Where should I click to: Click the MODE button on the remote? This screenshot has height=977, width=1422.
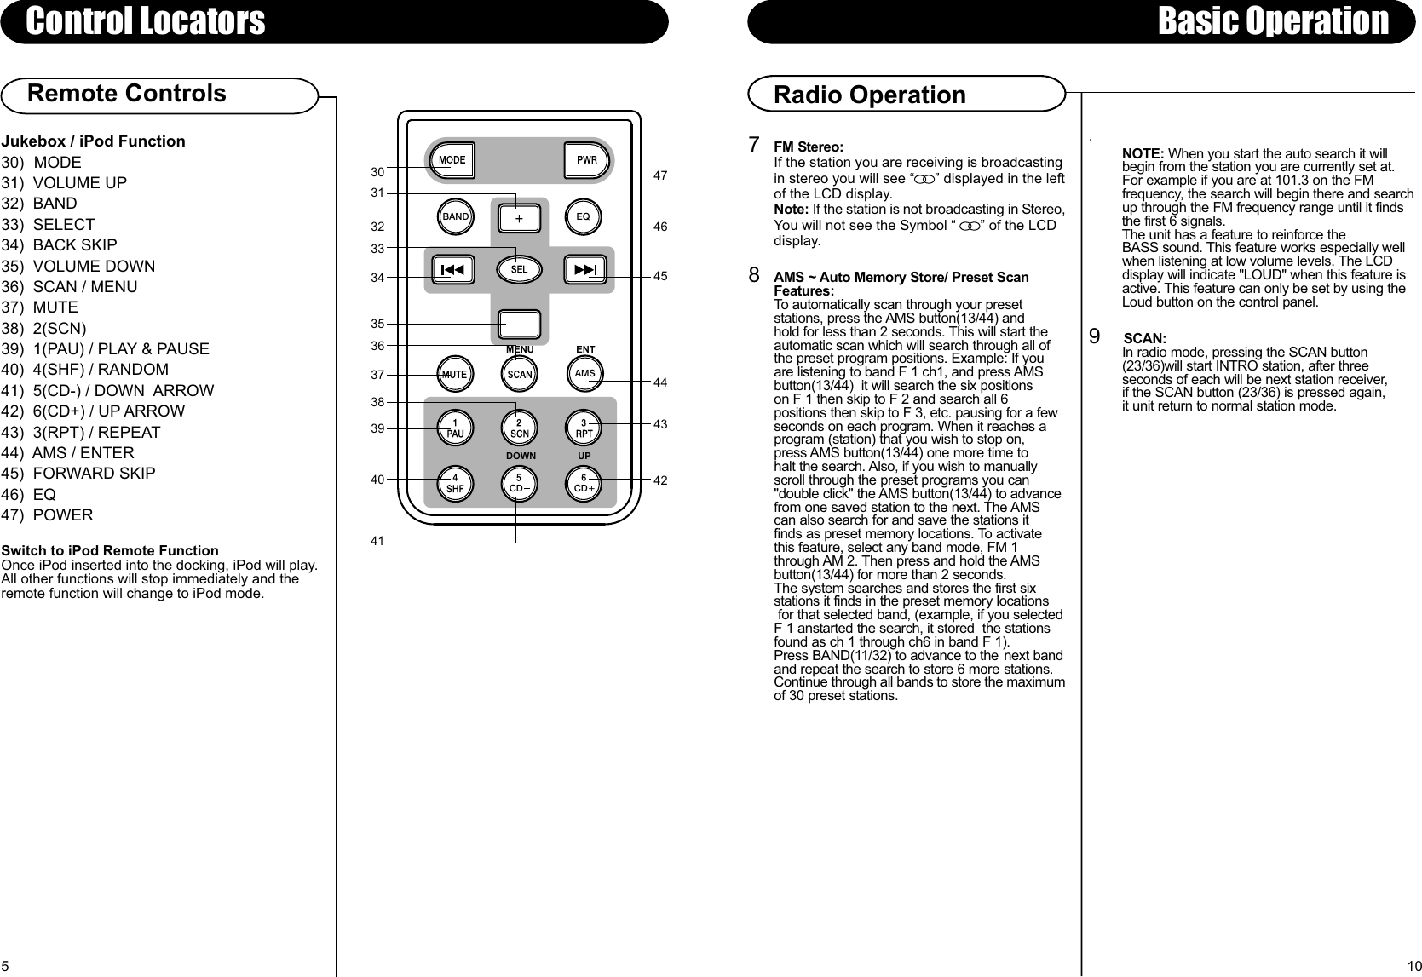click(452, 160)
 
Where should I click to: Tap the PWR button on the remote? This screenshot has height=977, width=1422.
click(587, 160)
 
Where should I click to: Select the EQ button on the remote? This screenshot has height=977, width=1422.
click(583, 217)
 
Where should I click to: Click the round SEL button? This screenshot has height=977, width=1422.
click(519, 269)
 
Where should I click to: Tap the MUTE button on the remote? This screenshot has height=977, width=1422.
click(456, 374)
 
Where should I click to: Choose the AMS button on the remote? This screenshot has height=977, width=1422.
click(584, 374)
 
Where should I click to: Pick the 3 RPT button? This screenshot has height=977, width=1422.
click(584, 428)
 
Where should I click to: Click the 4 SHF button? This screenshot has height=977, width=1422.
click(456, 485)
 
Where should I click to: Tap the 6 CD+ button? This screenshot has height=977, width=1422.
click(584, 485)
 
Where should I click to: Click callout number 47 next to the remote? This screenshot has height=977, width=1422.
click(660, 175)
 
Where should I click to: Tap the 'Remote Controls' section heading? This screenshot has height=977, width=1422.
click(127, 93)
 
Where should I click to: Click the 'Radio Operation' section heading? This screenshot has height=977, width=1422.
click(869, 95)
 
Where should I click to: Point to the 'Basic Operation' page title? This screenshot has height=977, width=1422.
click(1273, 21)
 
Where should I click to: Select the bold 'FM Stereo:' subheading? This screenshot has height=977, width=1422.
click(808, 147)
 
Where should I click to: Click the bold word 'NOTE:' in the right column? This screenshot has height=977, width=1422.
click(1143, 153)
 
